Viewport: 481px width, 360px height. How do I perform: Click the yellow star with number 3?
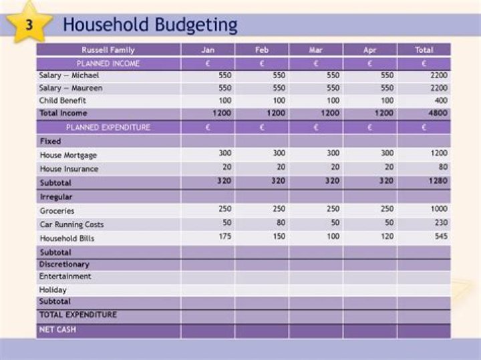point(29,24)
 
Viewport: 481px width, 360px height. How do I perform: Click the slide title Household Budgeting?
point(150,25)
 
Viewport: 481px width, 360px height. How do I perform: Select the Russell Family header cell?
point(108,49)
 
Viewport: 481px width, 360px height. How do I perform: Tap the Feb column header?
point(261,49)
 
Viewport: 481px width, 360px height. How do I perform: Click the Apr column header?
point(369,49)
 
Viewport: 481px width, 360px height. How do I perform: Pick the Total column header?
point(424,49)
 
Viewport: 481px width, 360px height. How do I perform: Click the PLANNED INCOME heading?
point(108,63)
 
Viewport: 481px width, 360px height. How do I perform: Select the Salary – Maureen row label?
point(71,88)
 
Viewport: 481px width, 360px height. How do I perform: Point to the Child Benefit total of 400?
point(441,100)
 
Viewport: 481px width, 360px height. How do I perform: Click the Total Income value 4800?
point(439,114)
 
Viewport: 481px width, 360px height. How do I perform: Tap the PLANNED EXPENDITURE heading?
point(108,127)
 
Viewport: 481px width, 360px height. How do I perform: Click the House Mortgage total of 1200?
point(439,154)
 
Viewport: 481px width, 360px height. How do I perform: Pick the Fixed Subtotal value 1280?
point(439,181)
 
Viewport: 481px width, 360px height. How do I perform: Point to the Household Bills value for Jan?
point(224,236)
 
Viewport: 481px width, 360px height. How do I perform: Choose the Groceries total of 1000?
point(439,209)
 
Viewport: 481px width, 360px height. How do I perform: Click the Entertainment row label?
point(65,277)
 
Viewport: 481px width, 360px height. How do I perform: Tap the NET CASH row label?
point(57,329)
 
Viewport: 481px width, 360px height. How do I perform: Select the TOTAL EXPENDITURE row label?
point(77,315)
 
